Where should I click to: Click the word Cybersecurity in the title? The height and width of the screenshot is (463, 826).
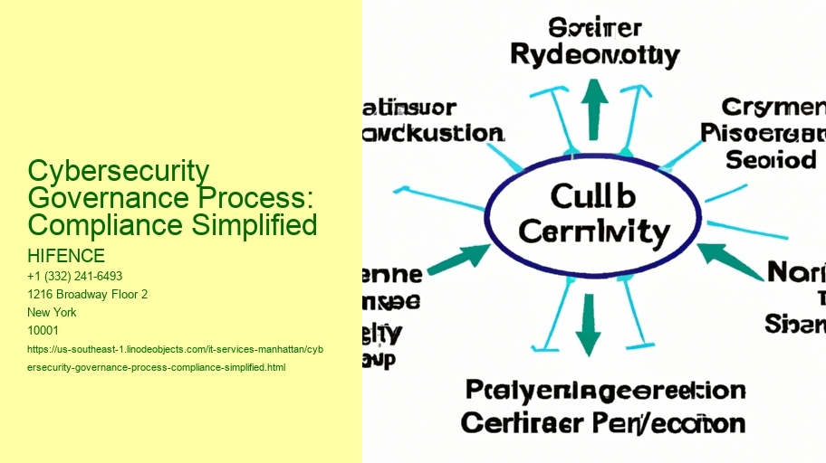[x=119, y=171]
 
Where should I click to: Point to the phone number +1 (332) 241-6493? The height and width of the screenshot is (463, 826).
[x=75, y=276]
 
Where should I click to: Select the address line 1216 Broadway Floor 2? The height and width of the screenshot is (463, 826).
[x=89, y=294]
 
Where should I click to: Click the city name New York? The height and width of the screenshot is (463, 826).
[x=53, y=312]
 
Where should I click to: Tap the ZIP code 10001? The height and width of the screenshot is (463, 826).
[x=43, y=330]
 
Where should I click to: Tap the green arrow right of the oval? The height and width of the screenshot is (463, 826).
[x=730, y=260]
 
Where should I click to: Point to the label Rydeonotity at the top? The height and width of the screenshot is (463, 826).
[x=594, y=56]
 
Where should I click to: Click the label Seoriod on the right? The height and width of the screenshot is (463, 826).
[x=771, y=160]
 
